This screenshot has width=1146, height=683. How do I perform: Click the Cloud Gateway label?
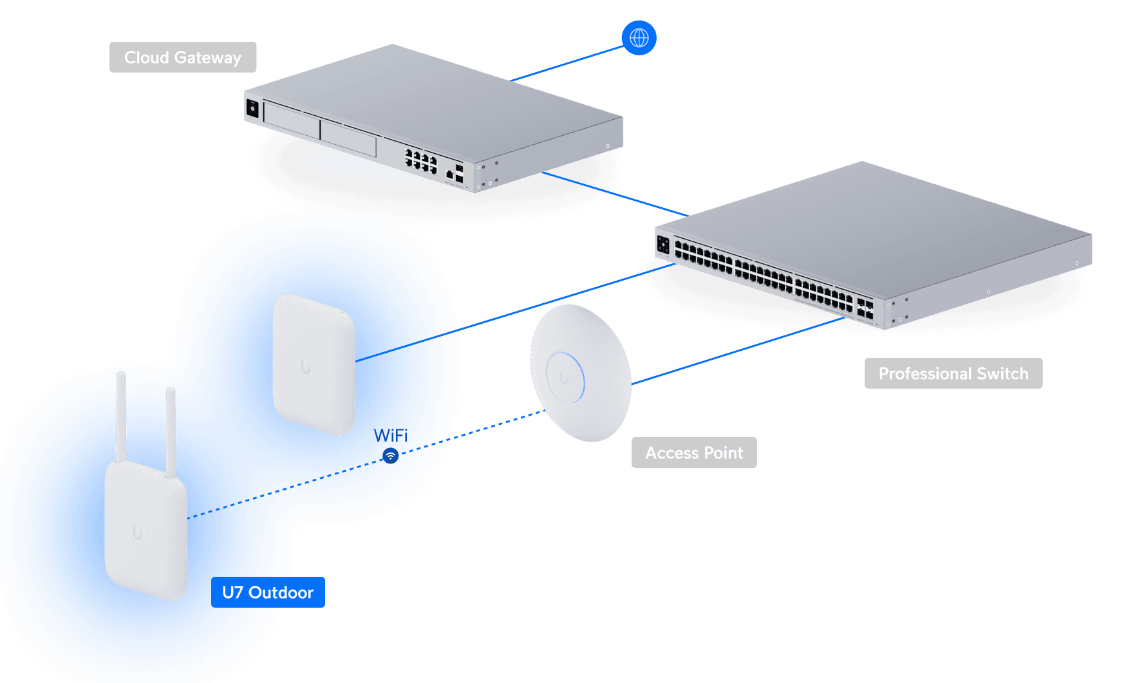click(183, 57)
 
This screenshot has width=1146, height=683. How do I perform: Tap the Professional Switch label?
click(953, 373)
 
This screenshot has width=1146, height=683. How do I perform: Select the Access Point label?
click(694, 453)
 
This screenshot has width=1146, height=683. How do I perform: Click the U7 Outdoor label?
click(268, 592)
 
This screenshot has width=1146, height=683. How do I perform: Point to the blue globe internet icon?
click(639, 38)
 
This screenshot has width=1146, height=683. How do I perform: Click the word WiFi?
click(391, 435)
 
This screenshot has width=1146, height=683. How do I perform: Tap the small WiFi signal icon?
click(391, 456)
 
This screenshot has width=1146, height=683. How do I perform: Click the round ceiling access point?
click(579, 373)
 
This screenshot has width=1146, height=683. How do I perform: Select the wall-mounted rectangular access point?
click(314, 364)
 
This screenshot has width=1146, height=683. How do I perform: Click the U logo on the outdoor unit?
click(137, 532)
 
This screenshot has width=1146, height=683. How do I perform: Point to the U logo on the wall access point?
click(305, 368)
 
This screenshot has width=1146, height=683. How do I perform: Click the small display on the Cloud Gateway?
click(252, 108)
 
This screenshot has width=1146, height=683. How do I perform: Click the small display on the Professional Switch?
click(663, 245)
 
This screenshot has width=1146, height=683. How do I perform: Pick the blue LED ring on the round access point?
click(581, 377)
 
